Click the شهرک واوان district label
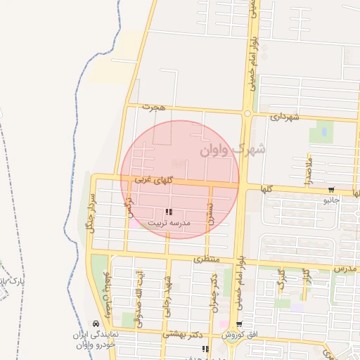[x=233, y=149]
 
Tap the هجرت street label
[x=153, y=108]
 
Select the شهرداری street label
[x=284, y=117]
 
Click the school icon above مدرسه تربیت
[x=168, y=212]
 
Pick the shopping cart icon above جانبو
[x=330, y=190]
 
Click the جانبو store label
[x=330, y=200]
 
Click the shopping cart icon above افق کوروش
[x=240, y=325]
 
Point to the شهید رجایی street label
[x=168, y=294]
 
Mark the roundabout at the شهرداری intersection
[x=247, y=112]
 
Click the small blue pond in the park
[x=322, y=131]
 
